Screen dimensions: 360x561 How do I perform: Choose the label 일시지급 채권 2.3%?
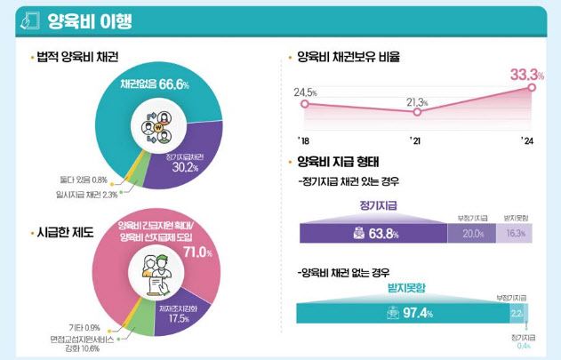(x=88, y=194)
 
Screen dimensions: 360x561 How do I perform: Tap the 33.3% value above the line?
(x=521, y=71)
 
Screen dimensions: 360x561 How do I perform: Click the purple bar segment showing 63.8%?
(x=373, y=233)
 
